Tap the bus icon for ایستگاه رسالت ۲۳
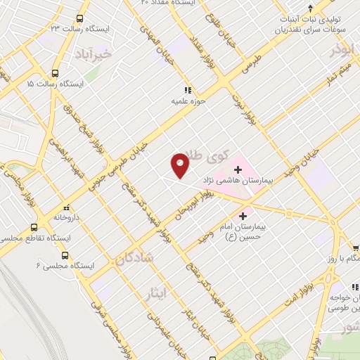(79, 19)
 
